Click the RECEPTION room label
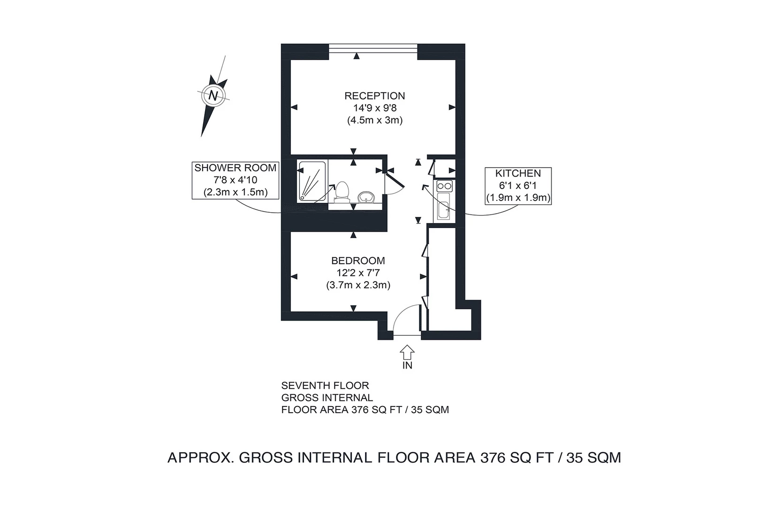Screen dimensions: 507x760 [x=374, y=96]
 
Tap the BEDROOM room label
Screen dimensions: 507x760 [x=358, y=261]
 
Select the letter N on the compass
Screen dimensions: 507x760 [x=214, y=95]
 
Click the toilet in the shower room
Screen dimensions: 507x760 [x=341, y=192]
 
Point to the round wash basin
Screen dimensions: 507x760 [x=366, y=197]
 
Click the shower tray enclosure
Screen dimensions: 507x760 [x=312, y=181]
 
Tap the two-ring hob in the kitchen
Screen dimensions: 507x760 [x=444, y=186]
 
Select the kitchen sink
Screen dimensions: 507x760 [x=443, y=207]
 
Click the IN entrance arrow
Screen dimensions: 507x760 [x=407, y=352]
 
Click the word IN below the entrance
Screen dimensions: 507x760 [x=407, y=365]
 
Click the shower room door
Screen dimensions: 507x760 [x=393, y=181]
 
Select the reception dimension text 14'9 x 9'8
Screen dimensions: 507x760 [x=375, y=108]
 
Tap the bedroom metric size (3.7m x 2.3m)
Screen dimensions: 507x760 [x=358, y=285]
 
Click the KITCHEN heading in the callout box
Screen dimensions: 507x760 [x=518, y=173]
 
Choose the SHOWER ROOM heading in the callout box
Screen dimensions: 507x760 [x=236, y=168]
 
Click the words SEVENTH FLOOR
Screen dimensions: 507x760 [x=325, y=385]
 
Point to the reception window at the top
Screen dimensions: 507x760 [x=373, y=46]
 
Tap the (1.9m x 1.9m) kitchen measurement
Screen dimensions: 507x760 [x=518, y=198]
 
